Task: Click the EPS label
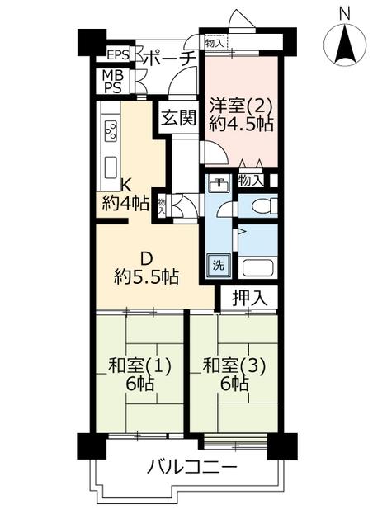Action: tap(117, 54)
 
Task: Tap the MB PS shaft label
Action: tap(113, 82)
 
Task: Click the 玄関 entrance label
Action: tap(178, 118)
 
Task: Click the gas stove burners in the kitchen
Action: tap(111, 131)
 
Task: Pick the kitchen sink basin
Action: tap(111, 168)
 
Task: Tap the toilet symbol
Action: tap(267, 205)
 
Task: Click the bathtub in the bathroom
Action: tap(258, 267)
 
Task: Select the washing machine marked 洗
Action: tap(219, 266)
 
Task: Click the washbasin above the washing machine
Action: tap(219, 183)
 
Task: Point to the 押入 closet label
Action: tap(250, 298)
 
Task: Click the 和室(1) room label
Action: tap(139, 366)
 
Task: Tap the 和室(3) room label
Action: tap(235, 366)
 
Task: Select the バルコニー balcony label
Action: tap(192, 467)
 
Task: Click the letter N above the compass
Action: tap(344, 14)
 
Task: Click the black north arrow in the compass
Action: tap(345, 46)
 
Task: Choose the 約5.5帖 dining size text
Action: tap(146, 277)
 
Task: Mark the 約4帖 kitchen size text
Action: tap(125, 204)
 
